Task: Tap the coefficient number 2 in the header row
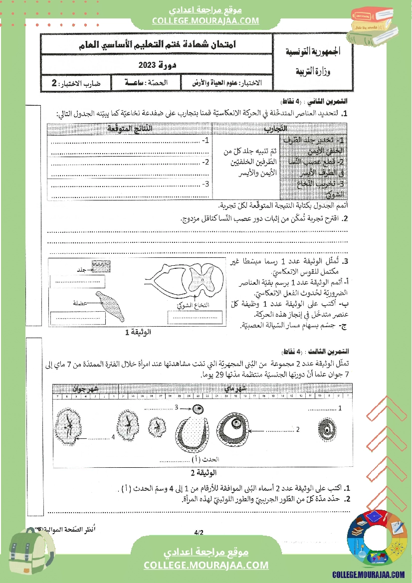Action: click(x=55, y=83)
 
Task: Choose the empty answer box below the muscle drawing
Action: click(x=77, y=317)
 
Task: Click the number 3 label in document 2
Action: click(x=176, y=408)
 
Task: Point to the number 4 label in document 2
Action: click(x=113, y=437)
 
